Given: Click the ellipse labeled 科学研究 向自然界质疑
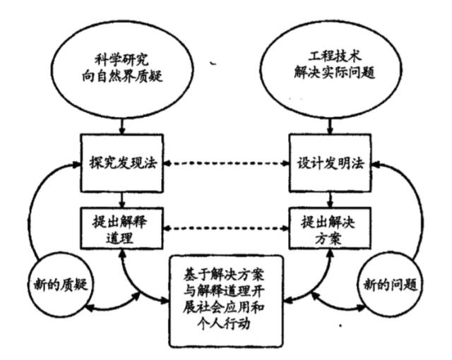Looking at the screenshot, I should click(x=124, y=68).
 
